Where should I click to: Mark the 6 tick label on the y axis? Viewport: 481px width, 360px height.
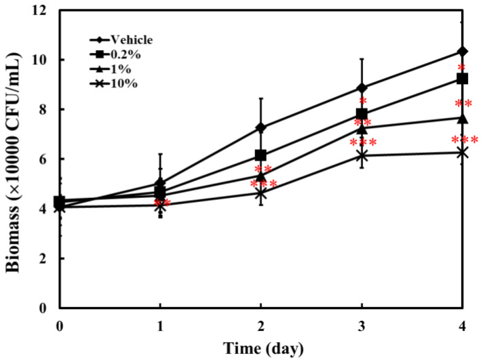coord(45,159)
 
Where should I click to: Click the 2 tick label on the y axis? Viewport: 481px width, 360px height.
coord(45,258)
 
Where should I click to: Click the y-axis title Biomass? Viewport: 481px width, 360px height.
coord(15,159)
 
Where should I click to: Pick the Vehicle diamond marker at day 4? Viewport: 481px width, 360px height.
coord(463,52)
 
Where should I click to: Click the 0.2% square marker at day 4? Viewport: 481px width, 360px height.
coord(463,79)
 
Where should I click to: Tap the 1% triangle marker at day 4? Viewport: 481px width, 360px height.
coord(463,118)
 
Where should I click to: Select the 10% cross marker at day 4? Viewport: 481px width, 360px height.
coord(463,153)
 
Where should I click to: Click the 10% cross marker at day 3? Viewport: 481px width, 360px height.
coord(362,155)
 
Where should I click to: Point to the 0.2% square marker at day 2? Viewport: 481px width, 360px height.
coord(261,155)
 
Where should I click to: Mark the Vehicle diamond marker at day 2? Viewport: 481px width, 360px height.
coord(261,127)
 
